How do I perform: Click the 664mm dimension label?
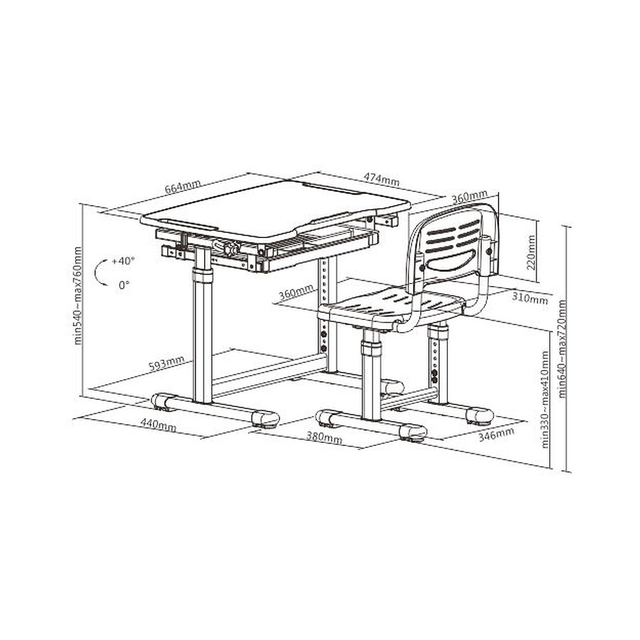(182, 187)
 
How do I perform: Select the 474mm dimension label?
(381, 179)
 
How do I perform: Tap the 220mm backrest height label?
(531, 252)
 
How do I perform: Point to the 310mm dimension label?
(529, 298)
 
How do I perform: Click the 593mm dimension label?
(166, 363)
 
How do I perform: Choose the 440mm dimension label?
(158, 424)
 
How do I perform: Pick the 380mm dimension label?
(324, 437)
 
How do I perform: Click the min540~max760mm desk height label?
(77, 296)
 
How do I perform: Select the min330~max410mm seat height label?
(545, 399)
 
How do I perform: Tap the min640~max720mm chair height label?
(562, 349)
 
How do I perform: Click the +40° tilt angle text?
(123, 261)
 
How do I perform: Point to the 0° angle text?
(124, 285)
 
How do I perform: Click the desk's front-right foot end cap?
(266, 419)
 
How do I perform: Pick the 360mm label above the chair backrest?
(469, 196)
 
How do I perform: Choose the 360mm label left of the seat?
(296, 291)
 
